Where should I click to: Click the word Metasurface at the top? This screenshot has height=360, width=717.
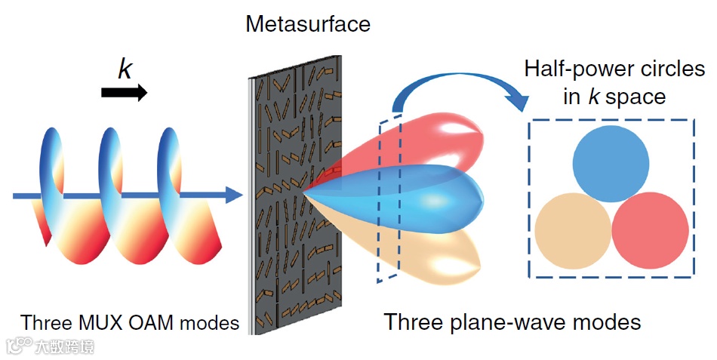pos(308,23)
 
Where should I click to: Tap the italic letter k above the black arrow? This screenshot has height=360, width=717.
pos(125,69)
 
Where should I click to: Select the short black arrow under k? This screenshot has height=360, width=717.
pos(125,92)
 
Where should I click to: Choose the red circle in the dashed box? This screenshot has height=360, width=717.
pos(650,229)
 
